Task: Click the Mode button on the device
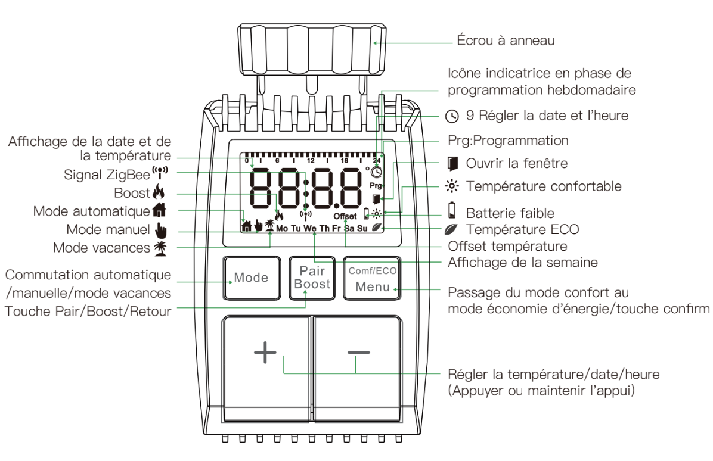pyautogui.click(x=251, y=278)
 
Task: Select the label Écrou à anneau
pyautogui.click(x=506, y=41)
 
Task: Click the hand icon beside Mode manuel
pyautogui.click(x=159, y=229)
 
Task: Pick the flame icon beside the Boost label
pyautogui.click(x=158, y=193)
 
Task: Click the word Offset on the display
pyautogui.click(x=345, y=216)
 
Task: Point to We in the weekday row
pyautogui.click(x=309, y=228)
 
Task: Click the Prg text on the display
pyautogui.click(x=376, y=186)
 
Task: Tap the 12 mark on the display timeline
pyautogui.click(x=311, y=161)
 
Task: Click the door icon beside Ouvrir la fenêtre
pyautogui.click(x=454, y=163)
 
